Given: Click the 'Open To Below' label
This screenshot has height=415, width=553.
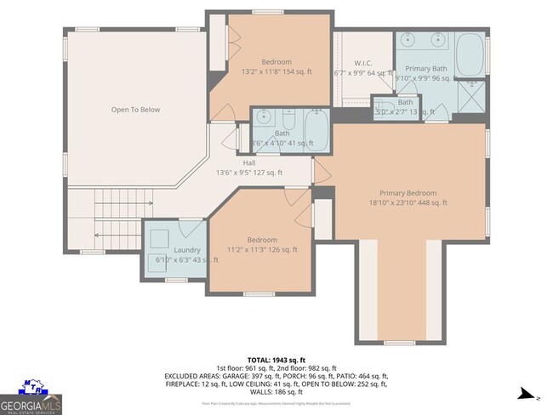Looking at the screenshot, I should [x=135, y=110].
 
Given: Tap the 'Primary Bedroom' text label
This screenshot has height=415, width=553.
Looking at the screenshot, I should [x=408, y=192].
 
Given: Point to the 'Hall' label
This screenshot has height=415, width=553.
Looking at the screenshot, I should [x=249, y=162].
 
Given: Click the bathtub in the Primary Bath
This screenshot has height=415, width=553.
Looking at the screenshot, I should [x=469, y=54].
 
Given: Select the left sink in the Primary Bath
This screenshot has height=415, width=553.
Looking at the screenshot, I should [x=406, y=38].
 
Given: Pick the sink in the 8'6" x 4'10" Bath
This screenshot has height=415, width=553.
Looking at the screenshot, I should [x=264, y=118].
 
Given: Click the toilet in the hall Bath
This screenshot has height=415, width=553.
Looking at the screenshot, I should [x=290, y=113].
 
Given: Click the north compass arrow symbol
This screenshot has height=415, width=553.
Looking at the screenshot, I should [x=527, y=395].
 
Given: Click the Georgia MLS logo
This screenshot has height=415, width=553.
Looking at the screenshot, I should [x=31, y=396].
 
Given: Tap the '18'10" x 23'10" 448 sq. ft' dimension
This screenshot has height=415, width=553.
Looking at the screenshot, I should [x=408, y=202].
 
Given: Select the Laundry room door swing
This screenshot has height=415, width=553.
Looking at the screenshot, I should [x=192, y=229].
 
